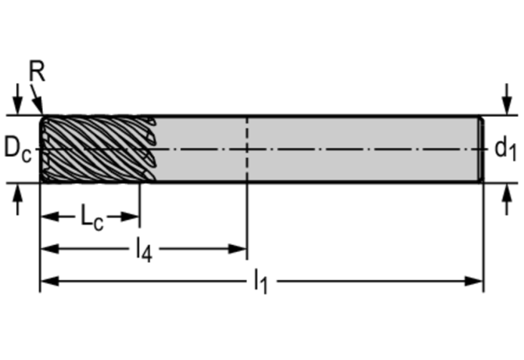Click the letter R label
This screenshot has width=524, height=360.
pos(37,72)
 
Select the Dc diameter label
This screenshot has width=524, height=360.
pos(17,147)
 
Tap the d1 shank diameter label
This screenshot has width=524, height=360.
pos(504,147)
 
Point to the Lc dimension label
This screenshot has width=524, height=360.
pos(92,216)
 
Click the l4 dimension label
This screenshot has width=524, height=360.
pos(142,250)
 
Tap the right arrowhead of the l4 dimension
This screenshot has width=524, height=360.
pos(239,249)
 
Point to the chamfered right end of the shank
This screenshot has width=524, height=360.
pos(480,149)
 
